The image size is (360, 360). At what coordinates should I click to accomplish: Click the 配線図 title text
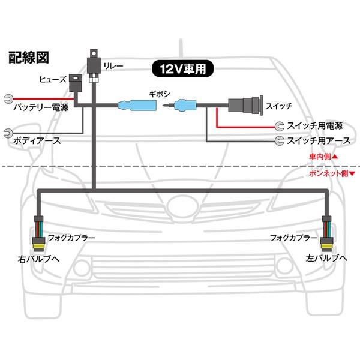tap(29, 58)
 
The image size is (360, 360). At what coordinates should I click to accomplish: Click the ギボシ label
tap(160, 94)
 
